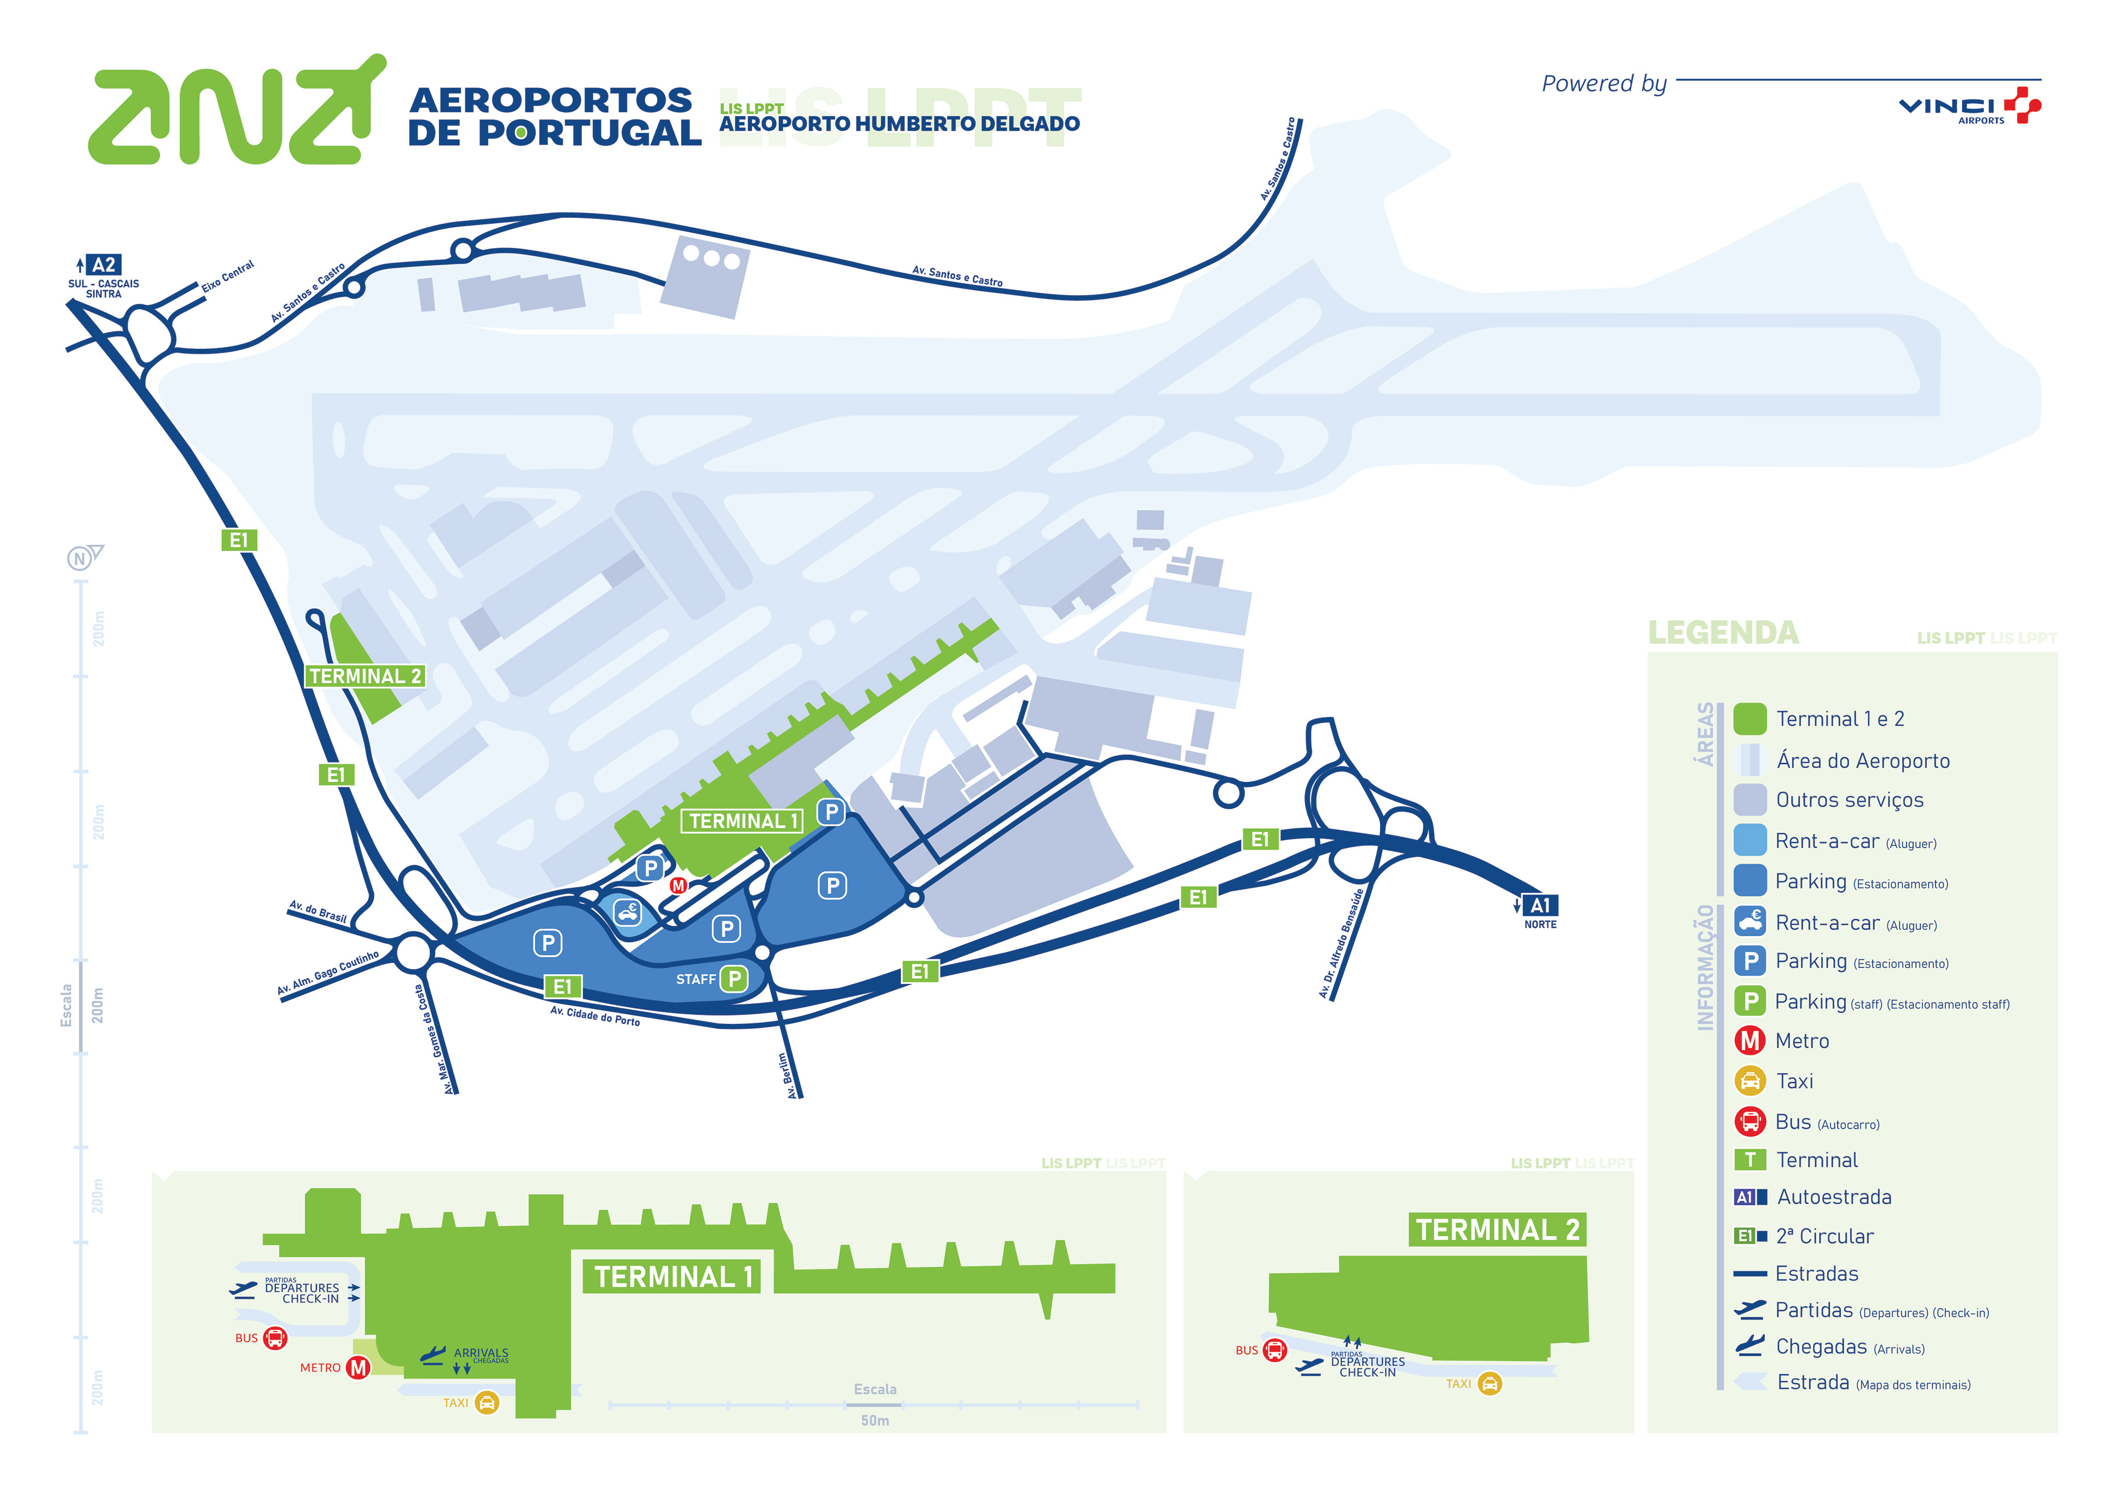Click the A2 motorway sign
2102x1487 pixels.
click(103, 264)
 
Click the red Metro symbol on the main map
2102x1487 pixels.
click(678, 885)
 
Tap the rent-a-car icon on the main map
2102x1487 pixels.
click(627, 912)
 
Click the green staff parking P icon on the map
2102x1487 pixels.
click(734, 979)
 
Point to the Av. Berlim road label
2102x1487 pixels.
click(784, 1074)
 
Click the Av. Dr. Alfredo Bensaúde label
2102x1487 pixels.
click(1342, 943)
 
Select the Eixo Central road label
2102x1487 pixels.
click(228, 275)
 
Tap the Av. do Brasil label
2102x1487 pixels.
click(317, 911)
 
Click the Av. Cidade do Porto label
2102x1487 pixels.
click(595, 1016)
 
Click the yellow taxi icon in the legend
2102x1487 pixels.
click(1749, 1081)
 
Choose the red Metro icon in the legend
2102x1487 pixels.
click(1749, 1041)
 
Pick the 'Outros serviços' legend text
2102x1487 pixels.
click(1849, 800)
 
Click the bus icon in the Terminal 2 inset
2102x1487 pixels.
click(1274, 1350)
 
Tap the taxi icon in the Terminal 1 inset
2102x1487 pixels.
click(487, 1403)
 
